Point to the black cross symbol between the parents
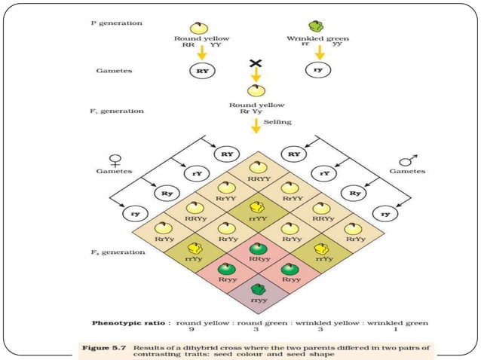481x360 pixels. pos(255,64)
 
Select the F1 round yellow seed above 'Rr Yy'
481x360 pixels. pos(256,90)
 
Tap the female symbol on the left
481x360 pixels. pos(115,160)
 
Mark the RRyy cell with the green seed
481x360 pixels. pos(258,252)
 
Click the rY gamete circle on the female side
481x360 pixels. pos(196,173)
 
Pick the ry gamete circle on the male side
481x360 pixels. pos(386,213)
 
